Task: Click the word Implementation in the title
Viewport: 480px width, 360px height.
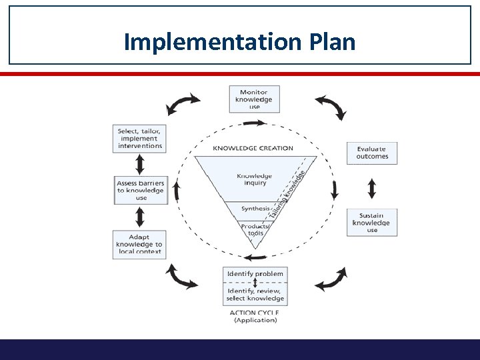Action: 212,42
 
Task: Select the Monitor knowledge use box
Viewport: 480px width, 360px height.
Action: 254,99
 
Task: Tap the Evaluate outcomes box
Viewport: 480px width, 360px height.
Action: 372,153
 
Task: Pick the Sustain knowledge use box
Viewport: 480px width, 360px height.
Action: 372,223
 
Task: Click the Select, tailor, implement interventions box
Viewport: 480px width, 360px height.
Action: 139,138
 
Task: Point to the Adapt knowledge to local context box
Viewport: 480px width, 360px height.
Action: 139,245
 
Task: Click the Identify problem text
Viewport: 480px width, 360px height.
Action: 255,274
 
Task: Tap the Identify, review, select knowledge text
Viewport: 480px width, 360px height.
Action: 255,295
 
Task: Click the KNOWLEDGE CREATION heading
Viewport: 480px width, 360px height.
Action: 253,148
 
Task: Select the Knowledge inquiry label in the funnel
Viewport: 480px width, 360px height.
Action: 254,179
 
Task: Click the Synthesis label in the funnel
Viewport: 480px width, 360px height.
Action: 255,208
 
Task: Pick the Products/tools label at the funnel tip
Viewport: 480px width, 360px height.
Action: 254,229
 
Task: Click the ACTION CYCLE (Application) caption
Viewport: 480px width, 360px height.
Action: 254,316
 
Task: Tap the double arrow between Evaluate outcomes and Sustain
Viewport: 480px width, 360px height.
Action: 372,187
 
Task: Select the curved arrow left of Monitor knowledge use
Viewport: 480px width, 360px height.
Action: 183,103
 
